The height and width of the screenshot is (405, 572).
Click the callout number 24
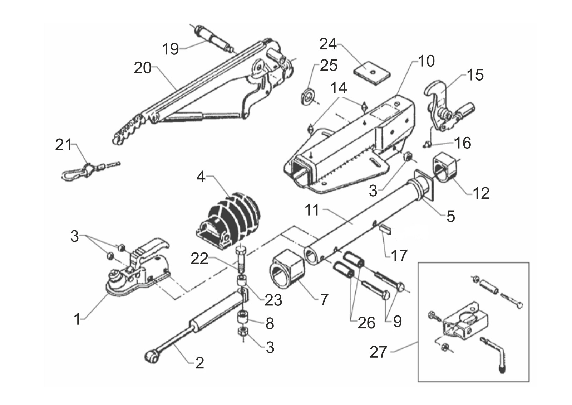328,44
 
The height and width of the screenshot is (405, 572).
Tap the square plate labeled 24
372,73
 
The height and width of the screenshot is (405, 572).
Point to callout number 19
170,49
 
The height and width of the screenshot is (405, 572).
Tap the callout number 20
143,68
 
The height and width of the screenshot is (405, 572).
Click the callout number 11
312,210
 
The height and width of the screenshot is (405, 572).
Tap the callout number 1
77,319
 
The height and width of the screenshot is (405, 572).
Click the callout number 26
366,323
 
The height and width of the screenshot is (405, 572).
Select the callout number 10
426,61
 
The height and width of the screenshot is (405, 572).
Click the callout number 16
463,143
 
